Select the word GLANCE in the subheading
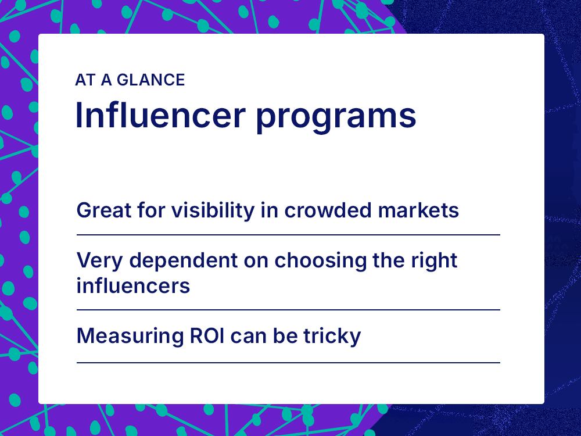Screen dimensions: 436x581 coord(151,80)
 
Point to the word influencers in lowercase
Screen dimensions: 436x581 coord(133,285)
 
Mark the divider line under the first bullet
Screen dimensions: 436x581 coord(288,235)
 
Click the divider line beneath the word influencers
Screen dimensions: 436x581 coord(288,310)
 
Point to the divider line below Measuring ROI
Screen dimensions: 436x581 coord(288,363)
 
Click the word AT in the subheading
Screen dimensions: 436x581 coord(85,80)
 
